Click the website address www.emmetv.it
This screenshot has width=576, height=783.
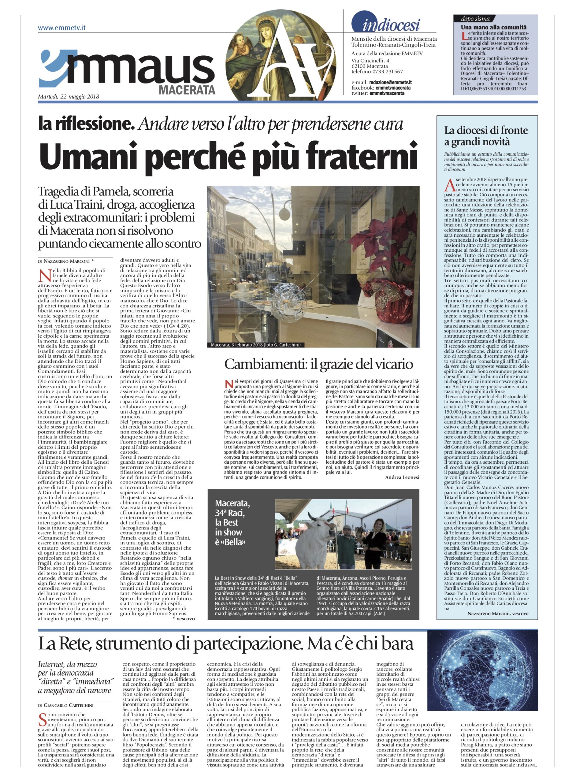click(62, 28)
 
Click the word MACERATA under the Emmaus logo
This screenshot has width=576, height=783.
click(187, 90)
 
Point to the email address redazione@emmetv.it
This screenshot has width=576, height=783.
click(391, 82)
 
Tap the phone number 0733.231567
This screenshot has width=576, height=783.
click(388, 72)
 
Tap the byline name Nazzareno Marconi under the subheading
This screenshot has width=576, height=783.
click(68, 261)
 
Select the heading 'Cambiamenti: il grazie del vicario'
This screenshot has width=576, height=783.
click(318, 365)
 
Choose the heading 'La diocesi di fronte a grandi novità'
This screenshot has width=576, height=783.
click(486, 136)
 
